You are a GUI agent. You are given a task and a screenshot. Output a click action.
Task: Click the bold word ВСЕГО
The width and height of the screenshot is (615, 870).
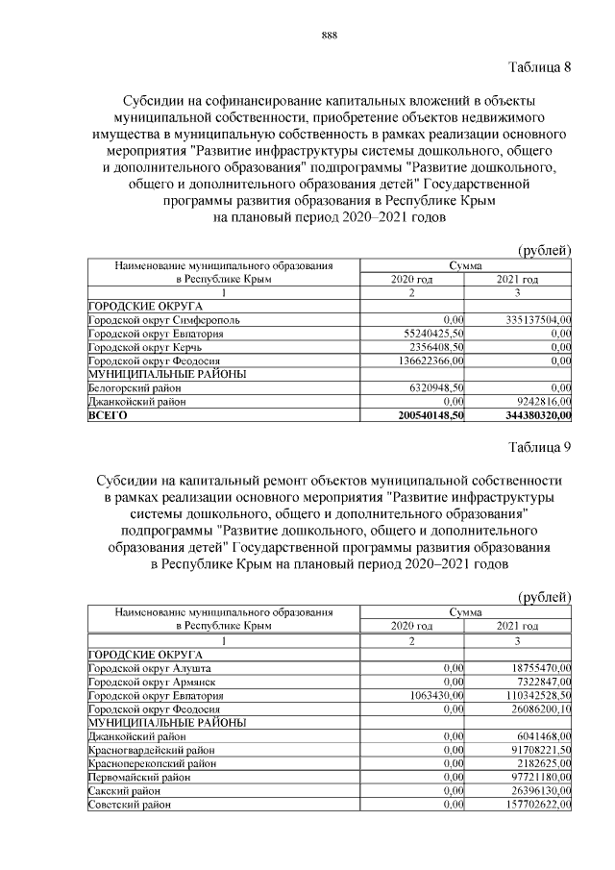[x=108, y=415]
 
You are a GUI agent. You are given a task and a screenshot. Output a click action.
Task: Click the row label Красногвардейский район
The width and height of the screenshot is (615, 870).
[x=151, y=749]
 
